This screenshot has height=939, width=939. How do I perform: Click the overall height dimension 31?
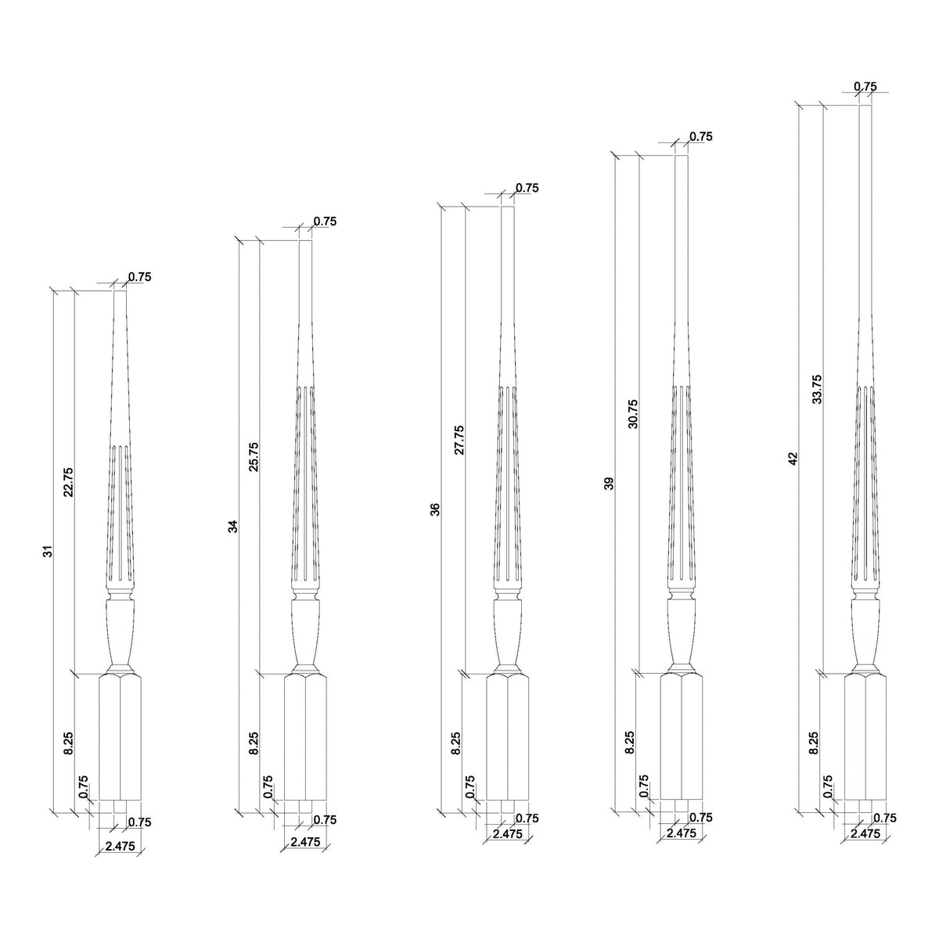49,552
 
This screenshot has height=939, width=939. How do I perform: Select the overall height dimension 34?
232,526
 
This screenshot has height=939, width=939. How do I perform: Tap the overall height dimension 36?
436,509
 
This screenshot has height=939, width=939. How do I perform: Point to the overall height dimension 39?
610,483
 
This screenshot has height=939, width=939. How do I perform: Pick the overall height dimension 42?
793,459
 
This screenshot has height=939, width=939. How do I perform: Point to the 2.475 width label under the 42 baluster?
865,834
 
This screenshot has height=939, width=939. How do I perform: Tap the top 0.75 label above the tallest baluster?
865,86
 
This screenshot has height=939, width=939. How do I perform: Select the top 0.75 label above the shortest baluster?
139,276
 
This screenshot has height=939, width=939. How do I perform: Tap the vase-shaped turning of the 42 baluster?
865,634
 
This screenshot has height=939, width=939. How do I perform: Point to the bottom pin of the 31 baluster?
120,805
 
